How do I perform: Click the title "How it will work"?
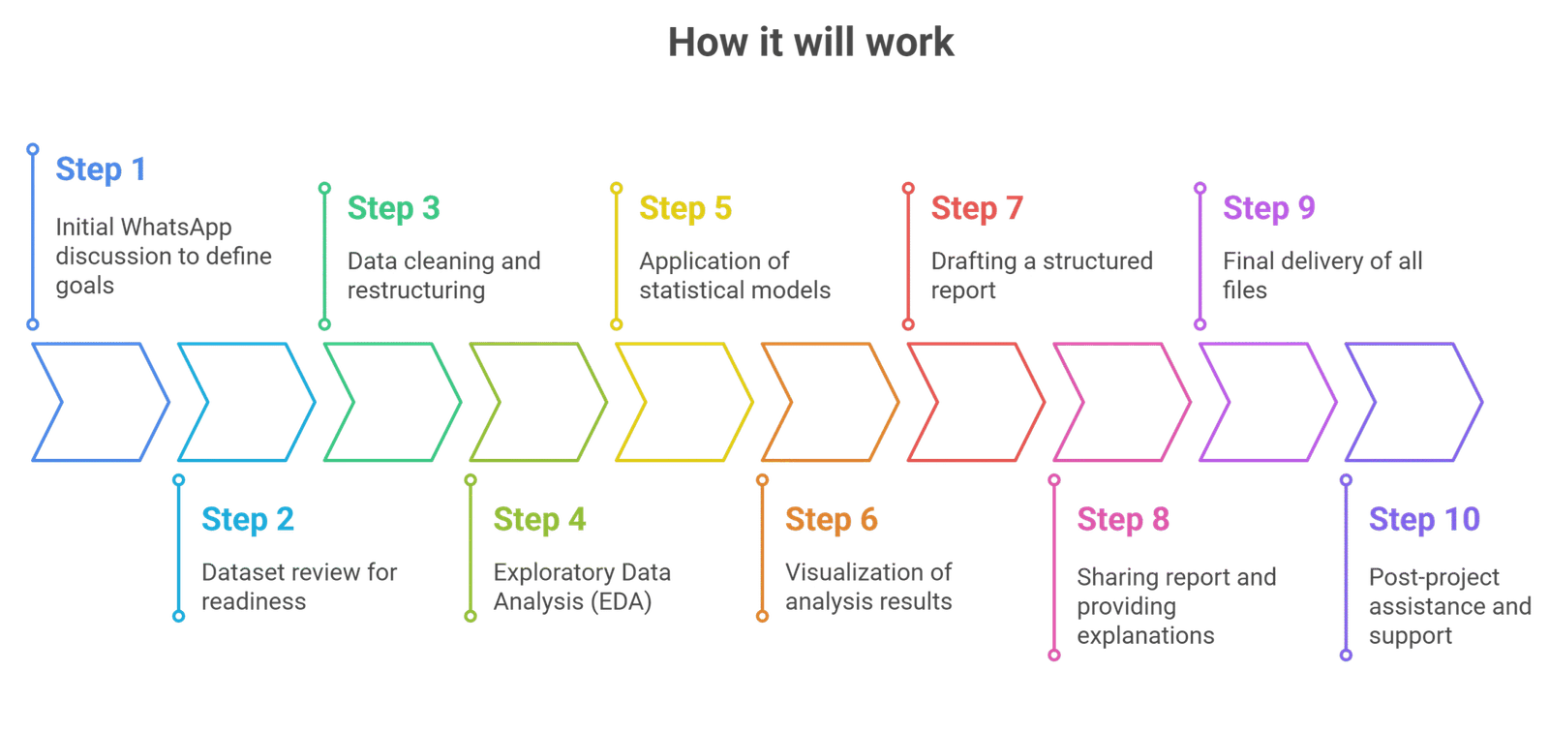[811, 43]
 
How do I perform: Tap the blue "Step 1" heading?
[101, 169]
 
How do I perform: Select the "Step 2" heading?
[248, 520]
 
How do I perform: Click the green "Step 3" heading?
[393, 208]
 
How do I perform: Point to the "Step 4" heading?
[539, 520]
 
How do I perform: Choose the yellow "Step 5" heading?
[685, 208]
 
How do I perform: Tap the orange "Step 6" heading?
[831, 520]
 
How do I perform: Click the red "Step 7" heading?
[977, 208]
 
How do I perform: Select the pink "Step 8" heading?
[1123, 520]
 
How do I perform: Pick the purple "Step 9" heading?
[1268, 208]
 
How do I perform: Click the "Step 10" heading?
[1424, 520]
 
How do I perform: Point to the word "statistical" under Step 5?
[686, 290]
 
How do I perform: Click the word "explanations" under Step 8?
[1145, 636]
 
